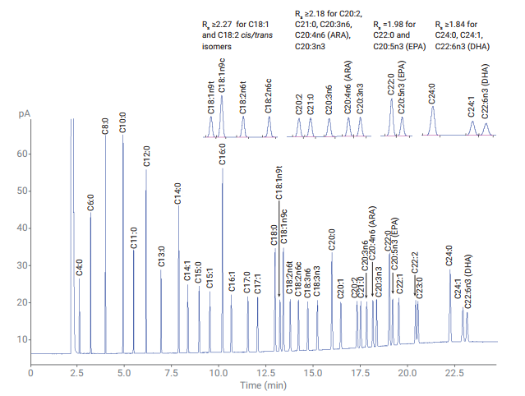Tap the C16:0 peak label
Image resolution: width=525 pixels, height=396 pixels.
point(222,154)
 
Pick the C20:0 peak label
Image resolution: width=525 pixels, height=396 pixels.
point(332,239)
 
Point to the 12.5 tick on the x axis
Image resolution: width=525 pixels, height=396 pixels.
point(265,372)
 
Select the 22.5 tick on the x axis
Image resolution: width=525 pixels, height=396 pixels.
point(454,372)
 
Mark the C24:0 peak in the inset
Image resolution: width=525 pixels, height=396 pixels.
point(433,120)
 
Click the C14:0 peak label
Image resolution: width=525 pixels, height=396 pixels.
point(177,194)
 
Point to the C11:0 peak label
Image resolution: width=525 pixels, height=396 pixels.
point(134,239)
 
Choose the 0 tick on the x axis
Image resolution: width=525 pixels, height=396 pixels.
point(31,372)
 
